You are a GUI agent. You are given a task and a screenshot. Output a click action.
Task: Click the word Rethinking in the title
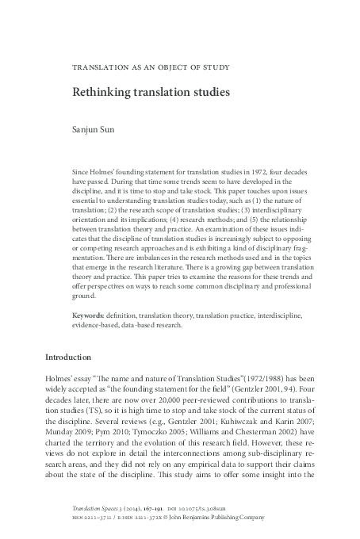pyautogui.click(x=100, y=92)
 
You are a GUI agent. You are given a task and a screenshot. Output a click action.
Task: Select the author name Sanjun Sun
pyautogui.click(x=94, y=125)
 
